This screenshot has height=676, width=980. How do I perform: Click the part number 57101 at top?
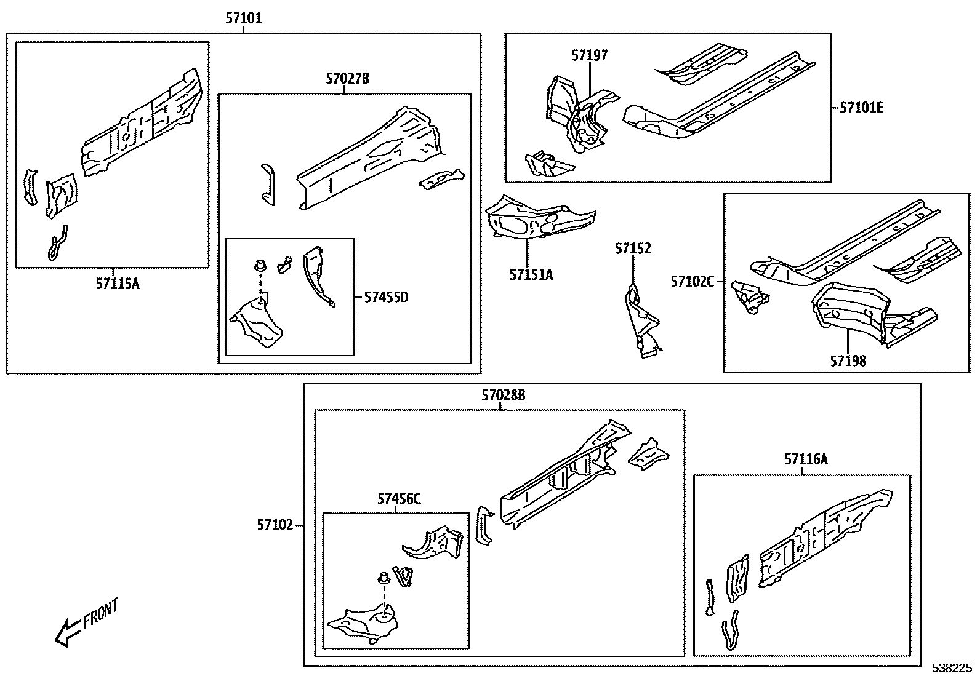[243, 19]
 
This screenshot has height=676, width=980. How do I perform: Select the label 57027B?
[348, 79]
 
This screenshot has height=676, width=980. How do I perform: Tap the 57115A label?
[118, 284]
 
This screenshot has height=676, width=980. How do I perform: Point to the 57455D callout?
[386, 298]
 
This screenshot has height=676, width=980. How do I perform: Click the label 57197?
[589, 56]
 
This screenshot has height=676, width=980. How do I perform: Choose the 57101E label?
[862, 108]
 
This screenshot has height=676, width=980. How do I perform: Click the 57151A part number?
[531, 275]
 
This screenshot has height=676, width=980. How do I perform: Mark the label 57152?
[633, 249]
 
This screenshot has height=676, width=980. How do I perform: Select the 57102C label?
[693, 282]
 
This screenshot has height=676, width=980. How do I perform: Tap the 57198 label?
[848, 361]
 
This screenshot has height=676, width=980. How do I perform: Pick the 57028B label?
[503, 396]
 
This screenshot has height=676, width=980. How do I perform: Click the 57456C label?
[399, 499]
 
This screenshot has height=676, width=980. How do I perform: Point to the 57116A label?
[806, 459]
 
